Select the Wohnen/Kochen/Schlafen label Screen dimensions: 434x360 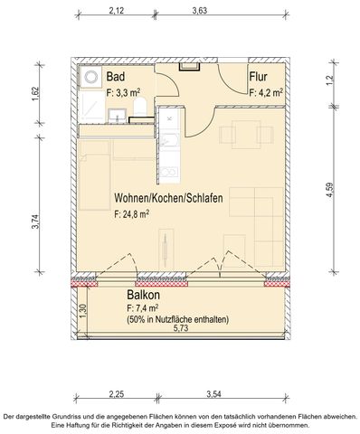[169, 198]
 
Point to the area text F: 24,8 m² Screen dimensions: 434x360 [132, 214]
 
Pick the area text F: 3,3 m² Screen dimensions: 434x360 [124, 91]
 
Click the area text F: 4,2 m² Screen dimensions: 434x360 [267, 91]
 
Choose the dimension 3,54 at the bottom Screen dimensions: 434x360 [214, 393]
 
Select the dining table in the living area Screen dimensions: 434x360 [242, 136]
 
